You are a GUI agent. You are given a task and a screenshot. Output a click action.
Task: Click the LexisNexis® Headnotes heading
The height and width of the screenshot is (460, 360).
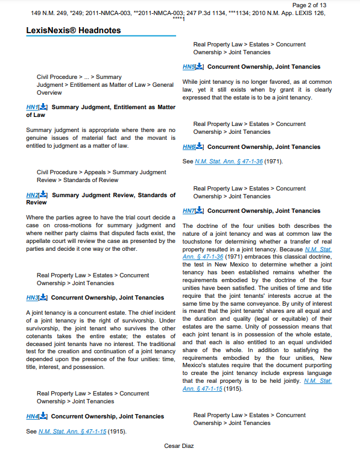[x=74, y=30]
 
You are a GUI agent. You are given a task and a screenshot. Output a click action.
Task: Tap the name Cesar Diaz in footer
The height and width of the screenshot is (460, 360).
[x=180, y=446]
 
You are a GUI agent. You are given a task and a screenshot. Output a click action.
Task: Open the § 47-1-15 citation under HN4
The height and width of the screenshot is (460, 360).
[x=72, y=432]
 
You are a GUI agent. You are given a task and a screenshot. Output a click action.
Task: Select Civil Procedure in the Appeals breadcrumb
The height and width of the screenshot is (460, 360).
[x=57, y=172]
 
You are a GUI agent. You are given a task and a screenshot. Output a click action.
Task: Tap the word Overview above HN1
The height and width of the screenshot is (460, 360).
[x=49, y=93]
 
